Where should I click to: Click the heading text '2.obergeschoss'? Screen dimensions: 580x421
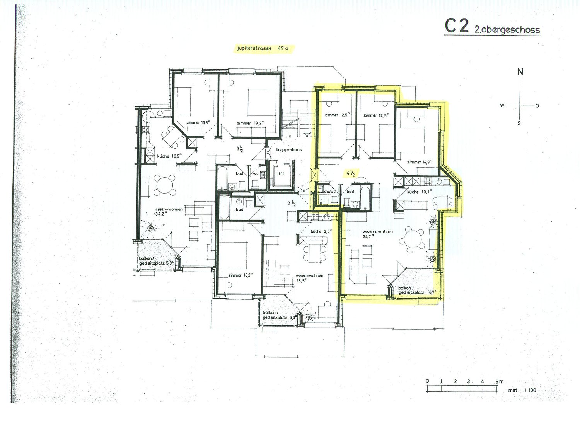click(507, 30)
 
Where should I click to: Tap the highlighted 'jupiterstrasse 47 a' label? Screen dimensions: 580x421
click(263, 48)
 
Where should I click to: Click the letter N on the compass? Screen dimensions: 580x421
click(520, 72)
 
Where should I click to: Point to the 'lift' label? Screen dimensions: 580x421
click(281, 173)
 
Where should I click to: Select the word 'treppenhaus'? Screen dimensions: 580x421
click(289, 150)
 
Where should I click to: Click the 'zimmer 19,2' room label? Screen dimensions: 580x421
click(251, 123)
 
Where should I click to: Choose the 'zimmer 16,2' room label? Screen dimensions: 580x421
click(241, 275)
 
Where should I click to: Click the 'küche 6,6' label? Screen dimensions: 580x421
click(321, 231)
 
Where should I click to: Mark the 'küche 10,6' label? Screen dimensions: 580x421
click(169, 156)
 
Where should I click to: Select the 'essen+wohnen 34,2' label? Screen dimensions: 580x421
click(169, 212)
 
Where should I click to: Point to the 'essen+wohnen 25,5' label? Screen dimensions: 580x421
click(309, 278)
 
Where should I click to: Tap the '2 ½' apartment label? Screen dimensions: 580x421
click(291, 204)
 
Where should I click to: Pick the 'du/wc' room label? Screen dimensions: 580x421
click(329, 192)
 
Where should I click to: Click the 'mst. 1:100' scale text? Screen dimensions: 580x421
click(522, 390)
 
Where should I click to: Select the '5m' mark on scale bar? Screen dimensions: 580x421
click(500, 382)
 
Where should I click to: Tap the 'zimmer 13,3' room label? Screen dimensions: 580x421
click(198, 122)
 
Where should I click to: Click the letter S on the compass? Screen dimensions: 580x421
click(519, 123)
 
